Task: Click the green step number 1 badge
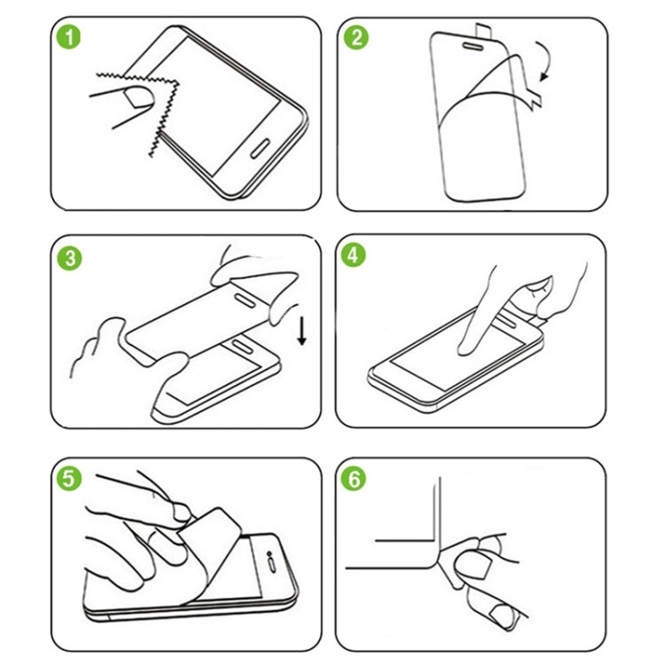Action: click(x=70, y=39)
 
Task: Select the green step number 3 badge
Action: click(x=70, y=259)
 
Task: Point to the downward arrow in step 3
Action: click(x=302, y=332)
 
